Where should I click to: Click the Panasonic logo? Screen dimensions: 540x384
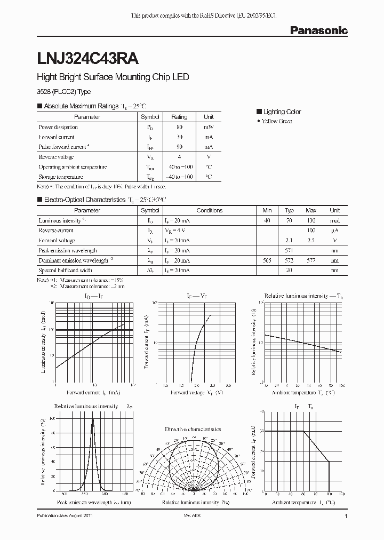(x=318, y=31)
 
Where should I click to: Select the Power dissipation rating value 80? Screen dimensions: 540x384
(x=179, y=127)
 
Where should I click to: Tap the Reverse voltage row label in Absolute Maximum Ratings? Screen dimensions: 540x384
(x=56, y=157)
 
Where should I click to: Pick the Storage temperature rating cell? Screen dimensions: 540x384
(x=179, y=177)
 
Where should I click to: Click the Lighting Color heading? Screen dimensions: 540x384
(x=282, y=112)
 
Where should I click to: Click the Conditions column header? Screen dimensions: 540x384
(x=209, y=210)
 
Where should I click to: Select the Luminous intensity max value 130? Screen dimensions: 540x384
(x=311, y=220)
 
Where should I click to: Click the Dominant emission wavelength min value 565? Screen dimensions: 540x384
(x=267, y=260)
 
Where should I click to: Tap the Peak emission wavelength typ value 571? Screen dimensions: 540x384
(x=289, y=250)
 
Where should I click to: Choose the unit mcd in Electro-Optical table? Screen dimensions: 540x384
(x=334, y=220)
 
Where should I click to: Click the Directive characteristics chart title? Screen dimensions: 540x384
(x=193, y=429)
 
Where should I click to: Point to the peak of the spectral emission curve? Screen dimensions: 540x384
(x=92, y=418)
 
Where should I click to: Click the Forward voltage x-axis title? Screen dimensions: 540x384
(x=196, y=392)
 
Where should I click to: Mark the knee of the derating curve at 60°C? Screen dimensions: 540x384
(x=303, y=431)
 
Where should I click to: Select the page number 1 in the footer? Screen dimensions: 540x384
(x=346, y=517)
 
